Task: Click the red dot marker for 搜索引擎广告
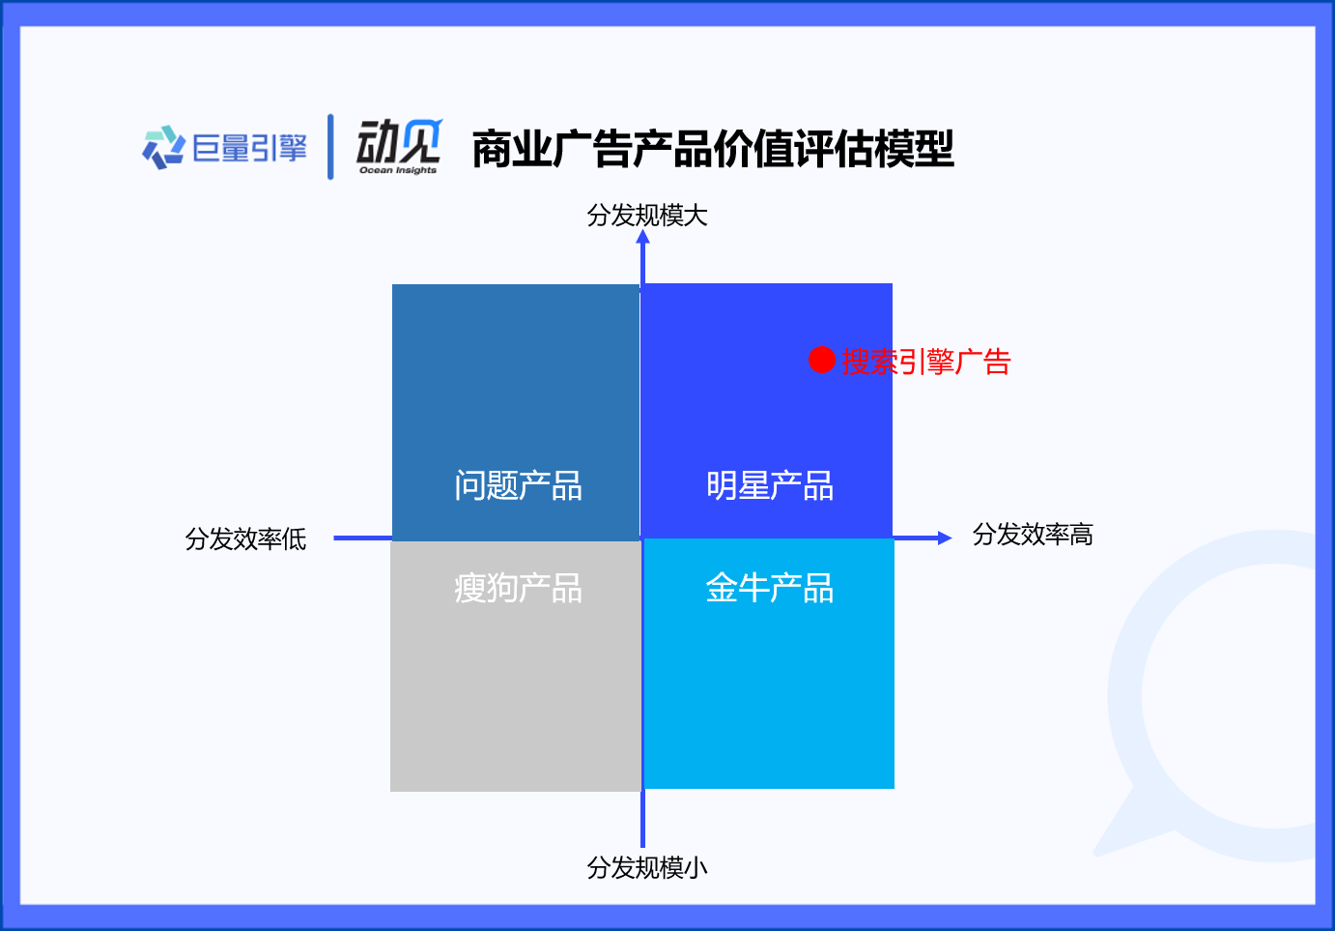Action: click(821, 360)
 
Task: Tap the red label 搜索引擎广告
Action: click(925, 362)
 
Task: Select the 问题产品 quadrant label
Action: click(518, 485)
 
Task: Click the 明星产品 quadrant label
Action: click(770, 485)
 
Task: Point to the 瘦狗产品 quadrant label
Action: click(518, 588)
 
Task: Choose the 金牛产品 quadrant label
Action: click(770, 588)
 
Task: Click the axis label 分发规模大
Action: click(646, 216)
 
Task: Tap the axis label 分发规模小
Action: click(646, 868)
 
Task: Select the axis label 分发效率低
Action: click(245, 538)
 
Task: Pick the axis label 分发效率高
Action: click(1033, 535)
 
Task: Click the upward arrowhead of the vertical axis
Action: click(642, 237)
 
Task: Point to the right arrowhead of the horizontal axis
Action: click(946, 538)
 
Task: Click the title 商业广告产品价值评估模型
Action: click(713, 149)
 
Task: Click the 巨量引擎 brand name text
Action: click(250, 148)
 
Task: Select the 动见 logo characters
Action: click(399, 141)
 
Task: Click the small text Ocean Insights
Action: click(398, 170)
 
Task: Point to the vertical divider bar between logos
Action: click(330, 147)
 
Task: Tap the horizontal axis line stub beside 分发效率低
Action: click(362, 538)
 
